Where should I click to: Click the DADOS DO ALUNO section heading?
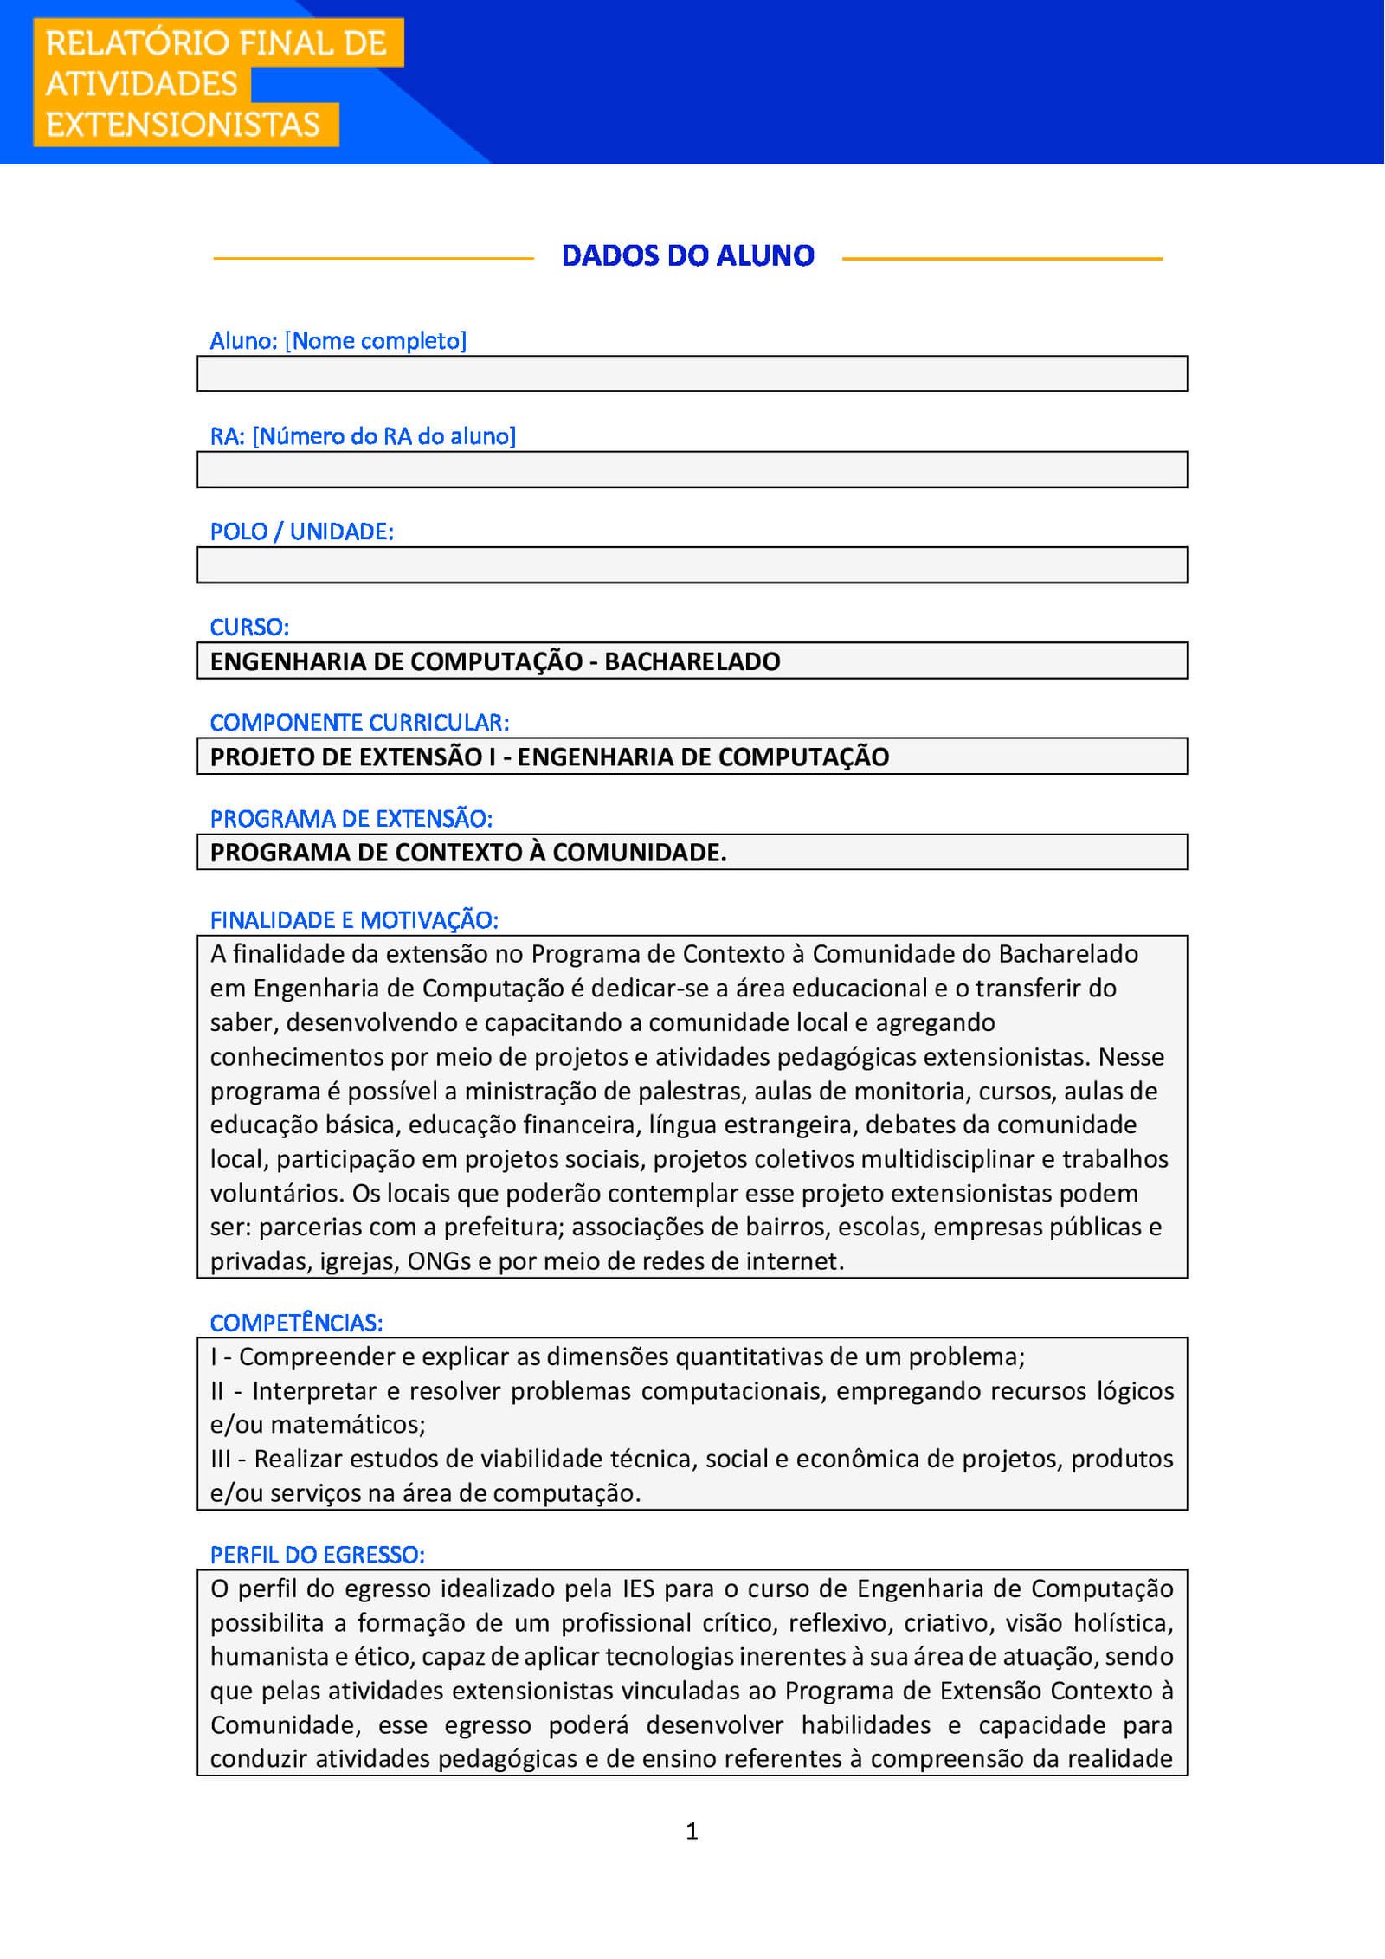pos(687,256)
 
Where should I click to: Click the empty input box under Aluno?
pos(692,374)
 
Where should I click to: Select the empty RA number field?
pos(692,470)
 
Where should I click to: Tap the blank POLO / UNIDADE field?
pos(692,565)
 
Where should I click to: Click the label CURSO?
pos(249,627)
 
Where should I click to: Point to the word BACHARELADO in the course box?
pos(692,661)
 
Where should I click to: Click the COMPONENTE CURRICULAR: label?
pos(359,723)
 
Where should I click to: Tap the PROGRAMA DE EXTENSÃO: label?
pos(351,818)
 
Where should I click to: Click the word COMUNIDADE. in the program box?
pos(640,853)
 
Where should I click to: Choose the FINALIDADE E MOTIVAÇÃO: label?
pos(354,920)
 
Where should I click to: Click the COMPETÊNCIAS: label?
pos(296,1323)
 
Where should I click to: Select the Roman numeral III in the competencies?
pos(221,1460)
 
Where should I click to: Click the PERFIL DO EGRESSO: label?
pos(317,1555)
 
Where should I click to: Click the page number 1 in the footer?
pos(692,1831)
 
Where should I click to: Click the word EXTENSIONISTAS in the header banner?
pos(183,125)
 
